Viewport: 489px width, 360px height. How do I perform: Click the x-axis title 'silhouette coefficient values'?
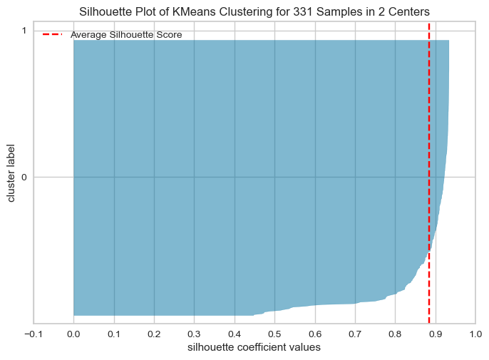coord(254,348)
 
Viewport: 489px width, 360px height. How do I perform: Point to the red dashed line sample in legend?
coord(52,34)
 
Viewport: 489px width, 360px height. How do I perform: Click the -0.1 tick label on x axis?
coord(33,333)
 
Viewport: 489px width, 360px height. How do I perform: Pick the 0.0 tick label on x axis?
coord(73,333)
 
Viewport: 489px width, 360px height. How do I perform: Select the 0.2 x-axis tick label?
coord(154,333)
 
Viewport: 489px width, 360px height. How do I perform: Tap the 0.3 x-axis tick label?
coord(194,333)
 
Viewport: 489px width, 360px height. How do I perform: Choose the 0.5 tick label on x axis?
coord(274,333)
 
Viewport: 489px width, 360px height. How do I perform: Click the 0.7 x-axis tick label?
coord(355,333)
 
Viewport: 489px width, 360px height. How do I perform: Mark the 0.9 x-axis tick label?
coord(436,333)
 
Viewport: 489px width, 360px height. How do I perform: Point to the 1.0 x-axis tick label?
coord(475,333)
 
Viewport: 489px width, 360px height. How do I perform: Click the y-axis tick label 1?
coord(24,31)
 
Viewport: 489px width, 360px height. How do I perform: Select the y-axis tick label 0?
coord(24,177)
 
